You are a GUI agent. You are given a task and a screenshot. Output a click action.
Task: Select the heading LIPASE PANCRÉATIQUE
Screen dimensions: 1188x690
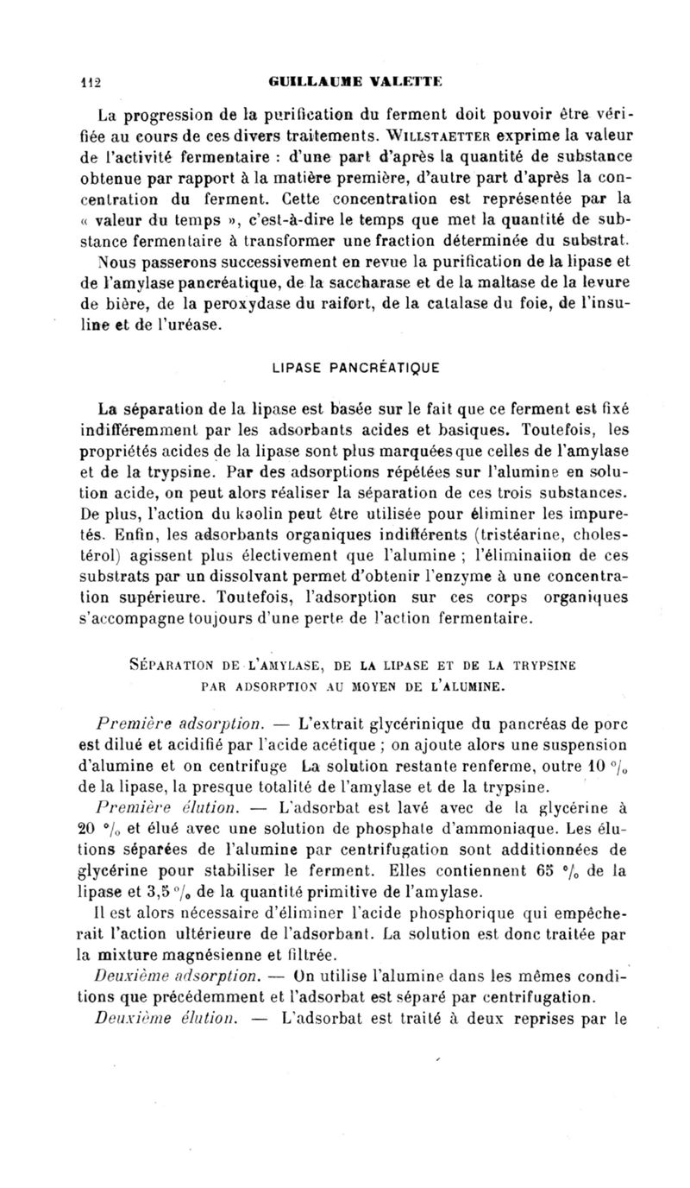point(356,367)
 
